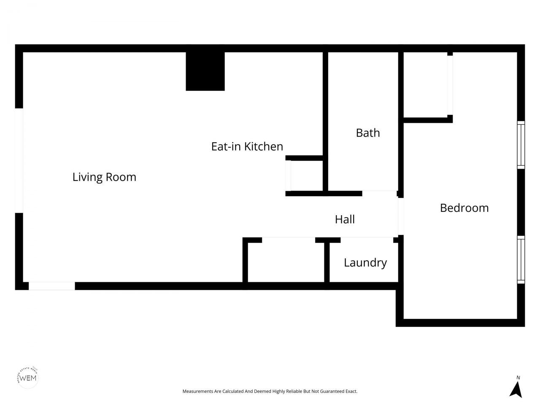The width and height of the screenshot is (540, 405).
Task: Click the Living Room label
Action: pyautogui.click(x=104, y=177)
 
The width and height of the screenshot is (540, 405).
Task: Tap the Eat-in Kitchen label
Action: pyautogui.click(x=247, y=146)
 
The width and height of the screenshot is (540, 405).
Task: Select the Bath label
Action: pyautogui.click(x=368, y=133)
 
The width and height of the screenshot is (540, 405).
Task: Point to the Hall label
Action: pyautogui.click(x=345, y=219)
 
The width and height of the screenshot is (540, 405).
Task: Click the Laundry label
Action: pyautogui.click(x=365, y=262)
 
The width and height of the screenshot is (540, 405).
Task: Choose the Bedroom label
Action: pyautogui.click(x=464, y=208)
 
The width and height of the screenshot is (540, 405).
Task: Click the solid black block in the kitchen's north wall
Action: pyautogui.click(x=205, y=71)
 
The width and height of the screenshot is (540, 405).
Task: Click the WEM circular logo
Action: pyautogui.click(x=28, y=377)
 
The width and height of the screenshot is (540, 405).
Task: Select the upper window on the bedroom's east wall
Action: pyautogui.click(x=521, y=145)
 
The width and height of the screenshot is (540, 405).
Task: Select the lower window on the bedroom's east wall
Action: pyautogui.click(x=521, y=259)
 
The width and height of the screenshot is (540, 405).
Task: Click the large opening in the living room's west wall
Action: pyautogui.click(x=19, y=160)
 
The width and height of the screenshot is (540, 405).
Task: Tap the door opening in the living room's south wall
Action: pyautogui.click(x=51, y=286)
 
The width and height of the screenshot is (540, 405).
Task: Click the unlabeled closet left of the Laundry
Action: pyautogui.click(x=286, y=262)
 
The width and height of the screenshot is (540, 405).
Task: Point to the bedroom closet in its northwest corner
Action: pyautogui.click(x=425, y=84)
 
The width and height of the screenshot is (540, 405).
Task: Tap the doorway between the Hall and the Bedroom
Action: pyautogui.click(x=401, y=216)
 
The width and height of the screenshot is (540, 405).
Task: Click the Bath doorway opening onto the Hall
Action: pyautogui.click(x=379, y=193)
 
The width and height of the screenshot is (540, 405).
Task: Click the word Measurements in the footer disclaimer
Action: pyautogui.click(x=198, y=391)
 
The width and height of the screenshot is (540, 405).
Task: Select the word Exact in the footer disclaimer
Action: pyautogui.click(x=351, y=391)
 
